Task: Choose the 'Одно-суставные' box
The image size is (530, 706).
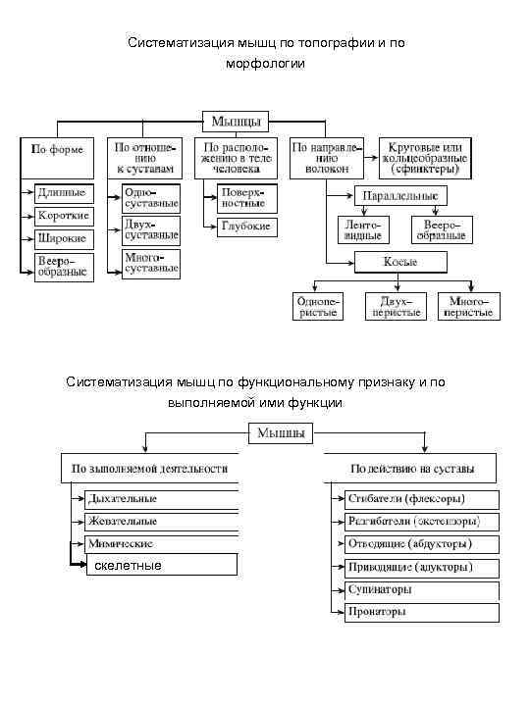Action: (x=151, y=198)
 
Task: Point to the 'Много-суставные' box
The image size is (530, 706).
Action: (x=151, y=263)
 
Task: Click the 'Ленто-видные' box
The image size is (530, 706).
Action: (x=361, y=229)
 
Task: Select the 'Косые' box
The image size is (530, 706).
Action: (x=400, y=262)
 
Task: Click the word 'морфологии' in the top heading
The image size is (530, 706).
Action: (x=265, y=63)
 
